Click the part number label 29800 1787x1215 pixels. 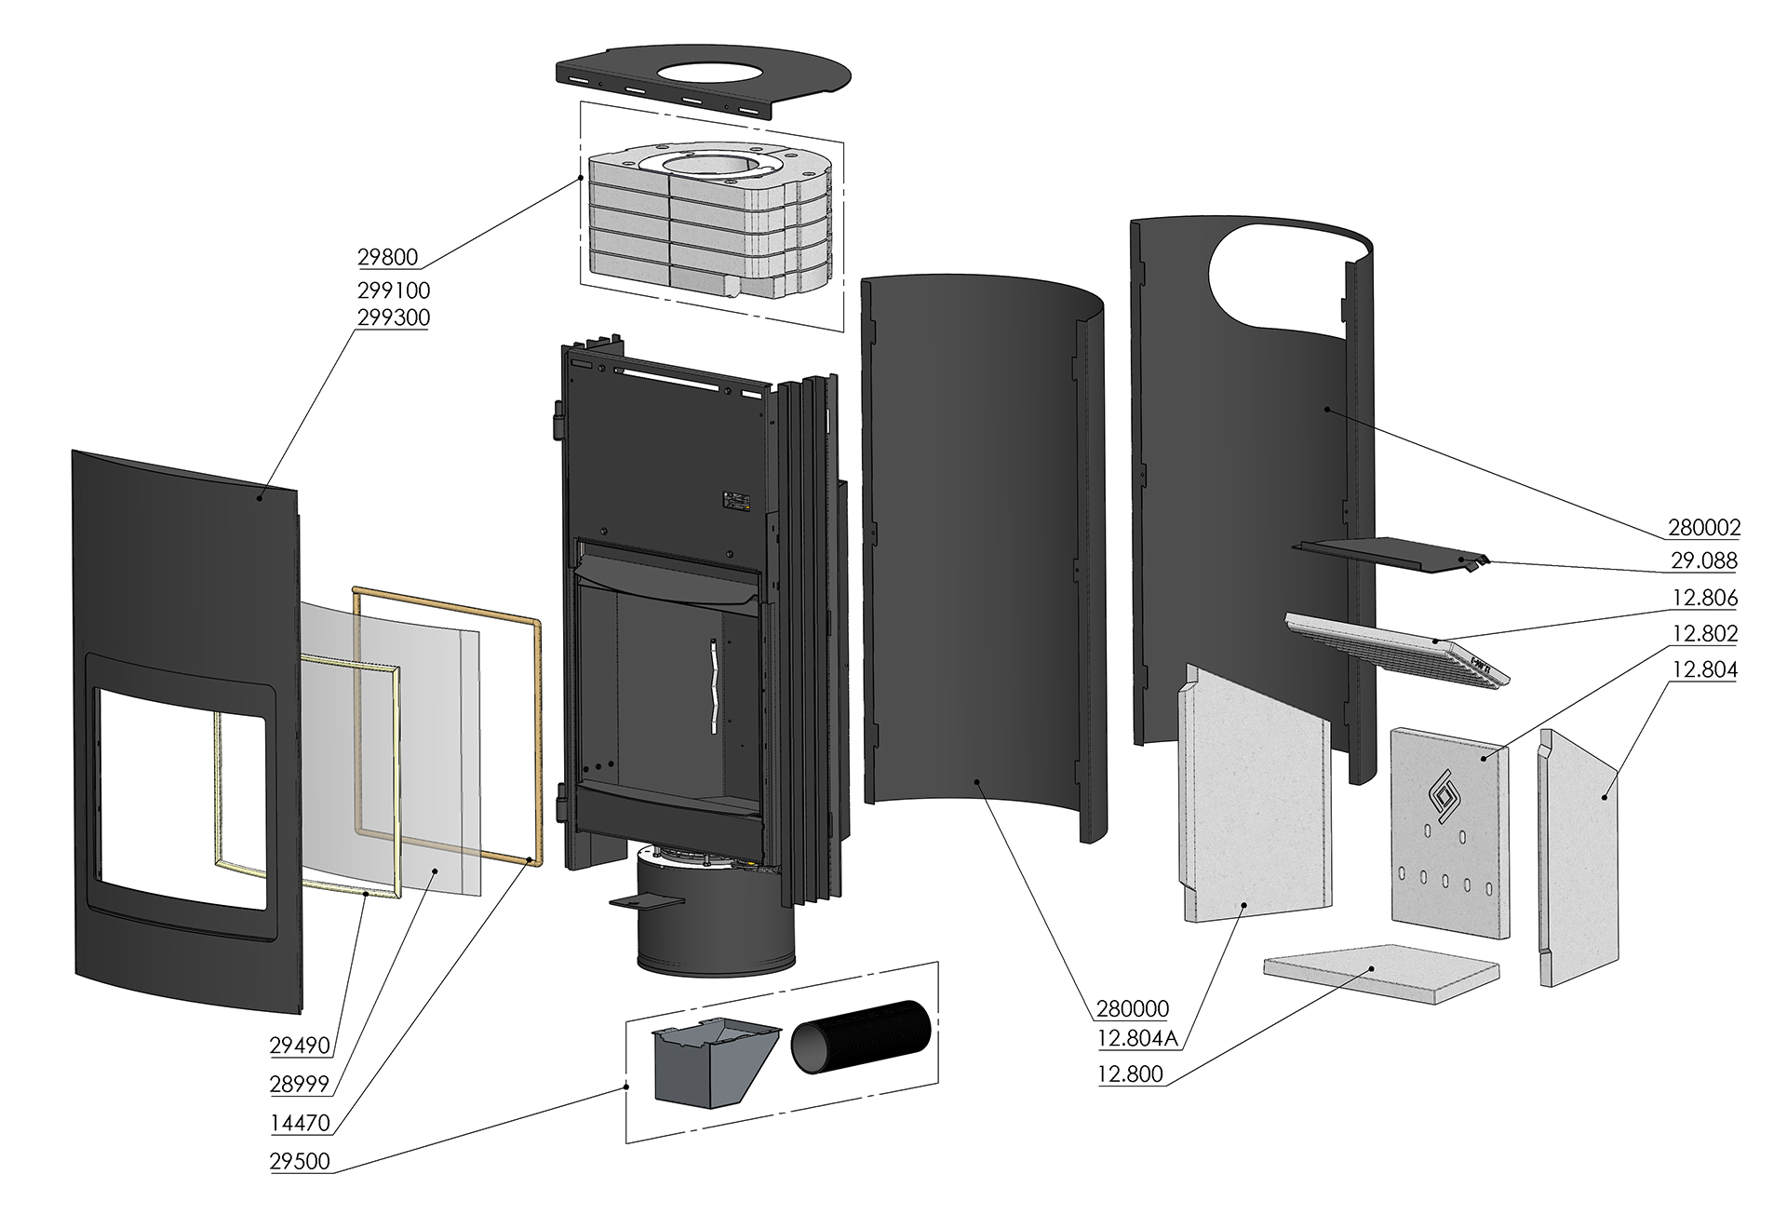tap(387, 256)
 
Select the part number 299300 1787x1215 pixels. tap(393, 317)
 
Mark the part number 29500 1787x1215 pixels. tap(300, 1162)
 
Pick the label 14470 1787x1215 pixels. tap(300, 1123)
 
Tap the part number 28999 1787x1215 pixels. tap(300, 1085)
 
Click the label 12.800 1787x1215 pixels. tap(1130, 1073)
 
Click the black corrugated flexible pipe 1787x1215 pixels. tap(861, 1049)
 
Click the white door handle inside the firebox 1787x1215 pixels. tap(712, 686)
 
